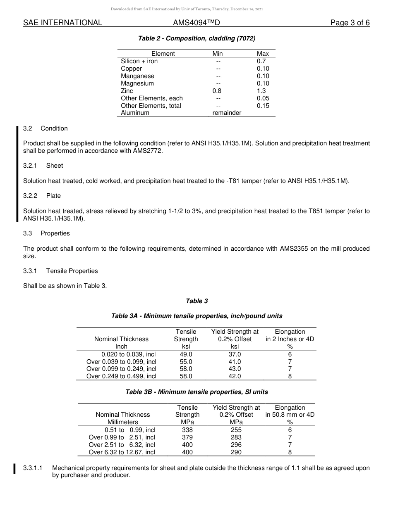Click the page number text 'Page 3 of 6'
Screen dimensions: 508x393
(x=350, y=23)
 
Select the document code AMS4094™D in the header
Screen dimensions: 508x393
(x=196, y=23)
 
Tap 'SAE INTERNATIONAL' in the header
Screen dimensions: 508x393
(x=62, y=23)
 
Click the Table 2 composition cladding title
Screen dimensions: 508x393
(x=196, y=38)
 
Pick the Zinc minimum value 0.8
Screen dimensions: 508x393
(x=217, y=91)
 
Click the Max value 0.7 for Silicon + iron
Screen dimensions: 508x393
(x=261, y=61)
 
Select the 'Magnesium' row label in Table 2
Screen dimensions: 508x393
(x=137, y=83)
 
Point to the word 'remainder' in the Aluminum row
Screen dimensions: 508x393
(x=227, y=113)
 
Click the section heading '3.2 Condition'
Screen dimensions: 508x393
(x=46, y=128)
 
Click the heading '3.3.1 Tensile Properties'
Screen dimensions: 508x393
(x=60, y=271)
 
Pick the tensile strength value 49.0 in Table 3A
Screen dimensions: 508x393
(x=186, y=354)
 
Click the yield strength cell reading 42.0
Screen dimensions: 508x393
(x=235, y=376)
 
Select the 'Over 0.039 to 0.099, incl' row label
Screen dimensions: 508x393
(x=121, y=362)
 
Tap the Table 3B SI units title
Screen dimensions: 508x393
(x=196, y=392)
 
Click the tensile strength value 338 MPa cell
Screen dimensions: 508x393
(x=187, y=430)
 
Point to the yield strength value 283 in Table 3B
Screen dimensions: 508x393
(x=236, y=437)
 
